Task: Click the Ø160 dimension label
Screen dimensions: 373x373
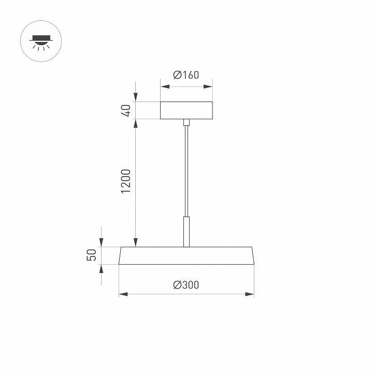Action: [x=187, y=75]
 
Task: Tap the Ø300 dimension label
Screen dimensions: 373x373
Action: [x=187, y=284]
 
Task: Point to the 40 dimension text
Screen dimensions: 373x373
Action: [x=126, y=110]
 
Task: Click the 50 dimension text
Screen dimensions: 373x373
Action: [x=92, y=255]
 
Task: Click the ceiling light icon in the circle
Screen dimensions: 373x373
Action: [x=40, y=41]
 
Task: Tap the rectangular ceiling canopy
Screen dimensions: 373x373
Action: [x=187, y=110]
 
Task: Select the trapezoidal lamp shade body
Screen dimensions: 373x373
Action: [x=187, y=256]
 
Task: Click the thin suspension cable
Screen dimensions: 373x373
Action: [x=187, y=171]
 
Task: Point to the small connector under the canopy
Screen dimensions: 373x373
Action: [x=187, y=122]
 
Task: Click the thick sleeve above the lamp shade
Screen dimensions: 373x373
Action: [x=187, y=232]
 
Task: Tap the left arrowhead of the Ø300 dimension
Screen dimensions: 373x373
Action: [x=122, y=294]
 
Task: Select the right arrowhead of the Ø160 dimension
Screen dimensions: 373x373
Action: [x=209, y=86]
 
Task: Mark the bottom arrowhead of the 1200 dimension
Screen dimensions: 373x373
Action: [x=136, y=243]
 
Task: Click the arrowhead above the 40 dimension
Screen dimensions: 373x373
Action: [x=136, y=98]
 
